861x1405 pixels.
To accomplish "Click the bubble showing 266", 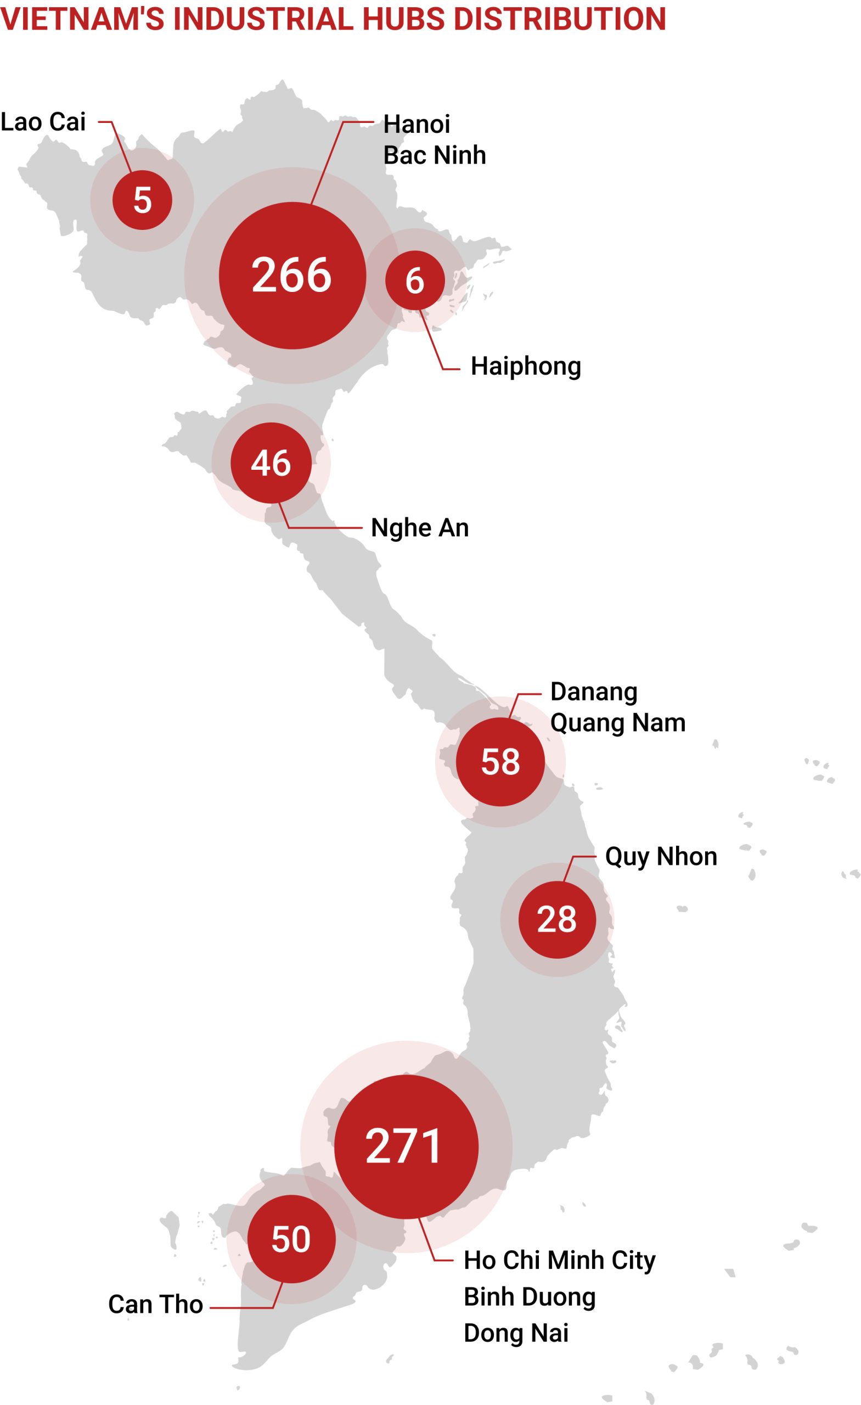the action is (292, 276).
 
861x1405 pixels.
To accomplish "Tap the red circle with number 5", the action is (142, 200).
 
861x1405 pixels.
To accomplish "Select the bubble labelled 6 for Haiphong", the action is (414, 280).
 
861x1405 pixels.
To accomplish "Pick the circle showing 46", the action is (271, 463).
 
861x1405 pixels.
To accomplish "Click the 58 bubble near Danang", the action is (500, 762).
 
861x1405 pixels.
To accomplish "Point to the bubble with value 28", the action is (556, 919).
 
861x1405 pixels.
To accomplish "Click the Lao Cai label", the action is (43, 122).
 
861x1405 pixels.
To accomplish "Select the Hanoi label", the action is (417, 124).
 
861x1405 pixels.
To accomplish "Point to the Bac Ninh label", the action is (434, 155).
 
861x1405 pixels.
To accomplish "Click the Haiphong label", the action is (525, 366).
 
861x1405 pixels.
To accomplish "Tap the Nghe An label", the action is (420, 528).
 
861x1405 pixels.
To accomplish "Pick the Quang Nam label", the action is (617, 723).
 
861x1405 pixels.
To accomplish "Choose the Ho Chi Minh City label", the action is (559, 1260).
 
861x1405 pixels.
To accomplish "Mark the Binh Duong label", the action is (529, 1297).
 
